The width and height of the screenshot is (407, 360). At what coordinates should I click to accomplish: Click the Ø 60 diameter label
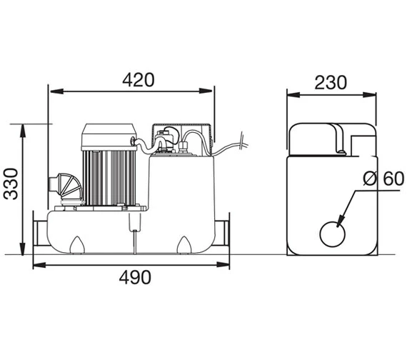point(378,179)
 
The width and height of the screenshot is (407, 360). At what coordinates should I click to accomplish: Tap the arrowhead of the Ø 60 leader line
point(341,222)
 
